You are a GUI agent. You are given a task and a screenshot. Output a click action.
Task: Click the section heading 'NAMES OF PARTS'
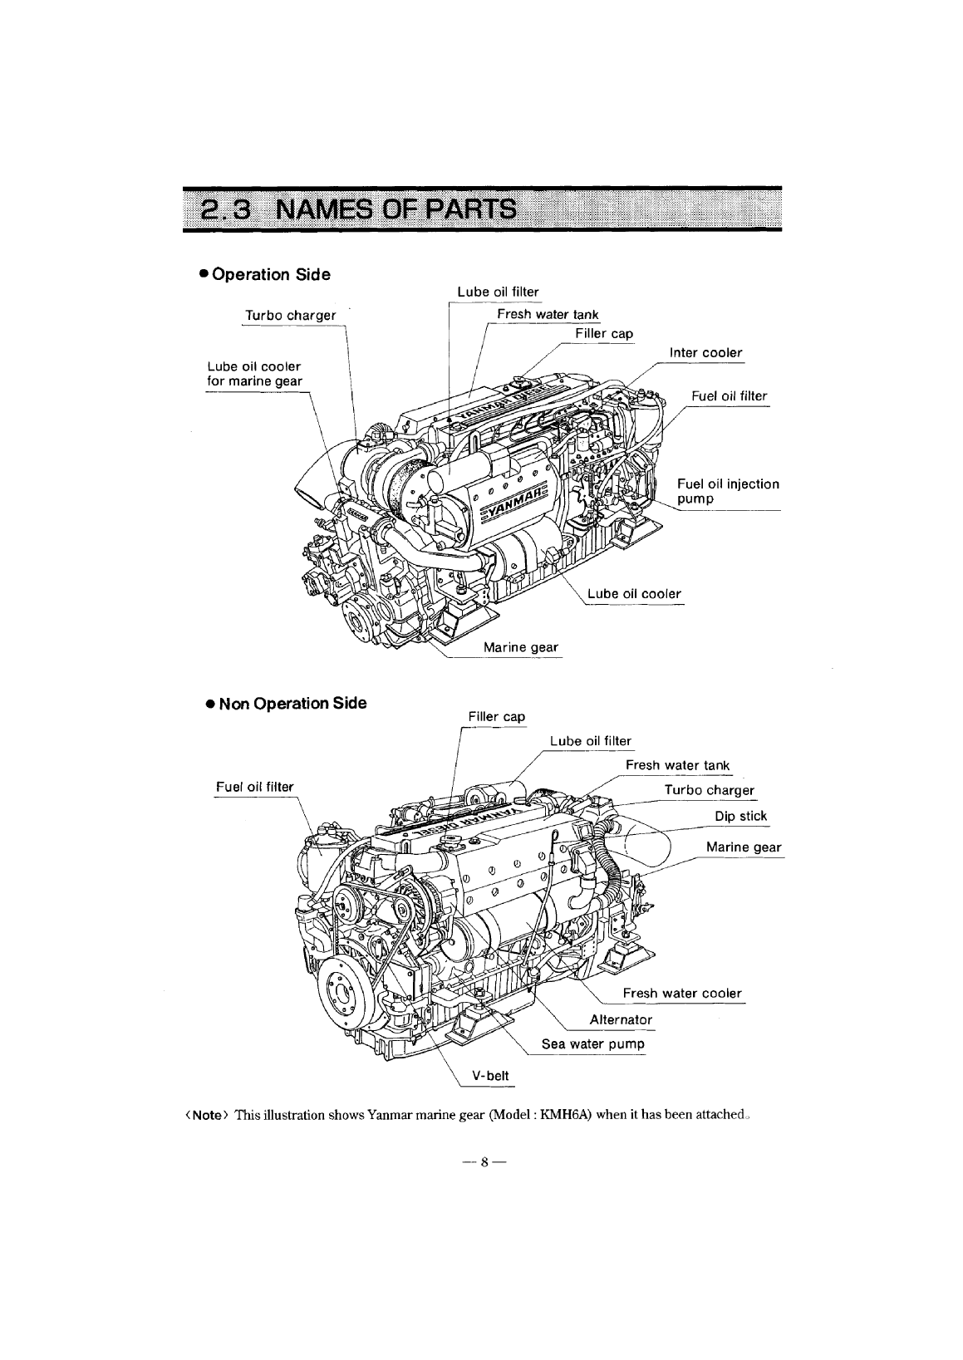click(395, 208)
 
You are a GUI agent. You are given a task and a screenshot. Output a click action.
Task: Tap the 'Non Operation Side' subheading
click(286, 704)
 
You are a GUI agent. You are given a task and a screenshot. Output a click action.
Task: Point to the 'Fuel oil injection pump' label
click(728, 491)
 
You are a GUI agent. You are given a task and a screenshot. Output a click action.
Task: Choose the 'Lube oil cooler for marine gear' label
click(254, 374)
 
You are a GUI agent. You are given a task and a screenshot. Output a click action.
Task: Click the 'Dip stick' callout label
click(740, 816)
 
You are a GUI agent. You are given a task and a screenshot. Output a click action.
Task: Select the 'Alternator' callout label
click(621, 1019)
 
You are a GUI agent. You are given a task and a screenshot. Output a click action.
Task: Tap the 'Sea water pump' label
click(592, 1043)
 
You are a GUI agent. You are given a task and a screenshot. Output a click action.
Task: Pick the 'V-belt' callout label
click(489, 1075)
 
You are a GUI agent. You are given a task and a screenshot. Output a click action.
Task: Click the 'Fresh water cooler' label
click(681, 994)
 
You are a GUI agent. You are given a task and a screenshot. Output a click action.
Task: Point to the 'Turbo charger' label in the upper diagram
click(290, 316)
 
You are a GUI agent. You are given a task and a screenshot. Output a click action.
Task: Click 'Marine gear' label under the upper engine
click(520, 647)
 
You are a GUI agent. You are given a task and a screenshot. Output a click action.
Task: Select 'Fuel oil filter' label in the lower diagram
click(254, 786)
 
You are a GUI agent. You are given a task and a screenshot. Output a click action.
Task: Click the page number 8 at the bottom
click(481, 1164)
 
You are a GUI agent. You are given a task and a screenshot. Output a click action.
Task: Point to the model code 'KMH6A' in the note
click(564, 1115)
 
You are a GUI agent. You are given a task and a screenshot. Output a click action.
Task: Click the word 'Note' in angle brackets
click(205, 1115)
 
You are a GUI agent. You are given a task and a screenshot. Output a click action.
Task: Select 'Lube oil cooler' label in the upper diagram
click(633, 593)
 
